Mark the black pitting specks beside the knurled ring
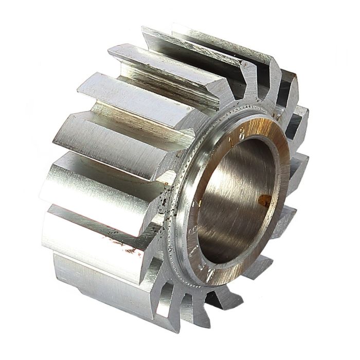(x=165, y=206)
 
